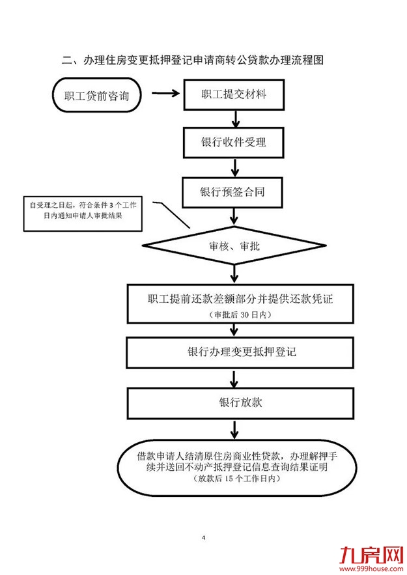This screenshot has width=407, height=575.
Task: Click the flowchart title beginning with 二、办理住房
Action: [x=193, y=61]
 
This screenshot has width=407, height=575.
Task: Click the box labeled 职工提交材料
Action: [x=234, y=95]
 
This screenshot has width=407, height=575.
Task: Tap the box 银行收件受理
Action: [x=234, y=142]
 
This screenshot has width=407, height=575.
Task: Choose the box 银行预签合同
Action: [x=234, y=193]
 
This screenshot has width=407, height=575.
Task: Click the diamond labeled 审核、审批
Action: [x=234, y=245]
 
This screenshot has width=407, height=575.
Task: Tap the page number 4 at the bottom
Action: [x=203, y=538]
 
